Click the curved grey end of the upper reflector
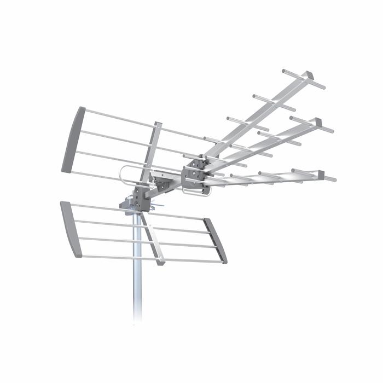74,140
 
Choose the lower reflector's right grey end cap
216,241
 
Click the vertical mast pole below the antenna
137,274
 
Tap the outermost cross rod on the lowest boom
313,175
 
